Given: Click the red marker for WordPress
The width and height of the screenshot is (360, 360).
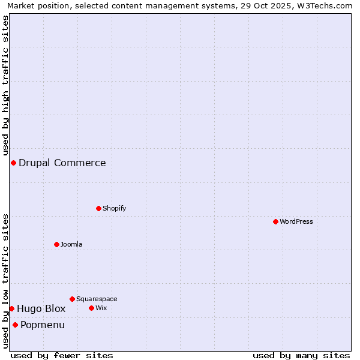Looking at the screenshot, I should [275, 221].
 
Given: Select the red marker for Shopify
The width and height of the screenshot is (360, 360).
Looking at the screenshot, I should [98, 208].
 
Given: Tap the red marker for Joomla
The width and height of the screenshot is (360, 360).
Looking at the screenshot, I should [56, 244].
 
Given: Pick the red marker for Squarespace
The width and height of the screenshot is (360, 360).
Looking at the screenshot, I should [72, 299].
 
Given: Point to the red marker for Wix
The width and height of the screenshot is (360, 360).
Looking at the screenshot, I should [91, 308].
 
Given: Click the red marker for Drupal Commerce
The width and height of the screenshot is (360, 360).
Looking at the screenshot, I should [13, 163].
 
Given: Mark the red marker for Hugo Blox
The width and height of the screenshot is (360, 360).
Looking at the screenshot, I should [11, 308].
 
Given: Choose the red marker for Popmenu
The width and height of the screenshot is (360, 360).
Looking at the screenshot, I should [15, 325].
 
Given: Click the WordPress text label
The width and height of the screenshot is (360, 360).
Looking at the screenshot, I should [296, 221].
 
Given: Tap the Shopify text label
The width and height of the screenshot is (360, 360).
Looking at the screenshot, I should [114, 208].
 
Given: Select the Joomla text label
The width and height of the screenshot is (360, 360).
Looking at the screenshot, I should [71, 244].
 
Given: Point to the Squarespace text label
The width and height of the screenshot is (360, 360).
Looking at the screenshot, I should [97, 299].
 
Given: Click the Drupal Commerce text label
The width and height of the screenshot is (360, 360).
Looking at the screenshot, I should [62, 163].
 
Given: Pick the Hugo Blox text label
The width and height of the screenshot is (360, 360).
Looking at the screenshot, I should [41, 308].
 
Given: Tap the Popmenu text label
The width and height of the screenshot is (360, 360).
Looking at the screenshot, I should [43, 325].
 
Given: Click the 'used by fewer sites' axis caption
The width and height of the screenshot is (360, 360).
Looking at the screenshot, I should [62, 355].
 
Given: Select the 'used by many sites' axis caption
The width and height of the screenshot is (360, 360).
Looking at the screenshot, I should [301, 355].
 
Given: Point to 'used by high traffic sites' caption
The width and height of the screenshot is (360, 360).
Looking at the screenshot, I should [5, 85].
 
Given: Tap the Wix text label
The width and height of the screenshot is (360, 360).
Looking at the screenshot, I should [101, 308].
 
